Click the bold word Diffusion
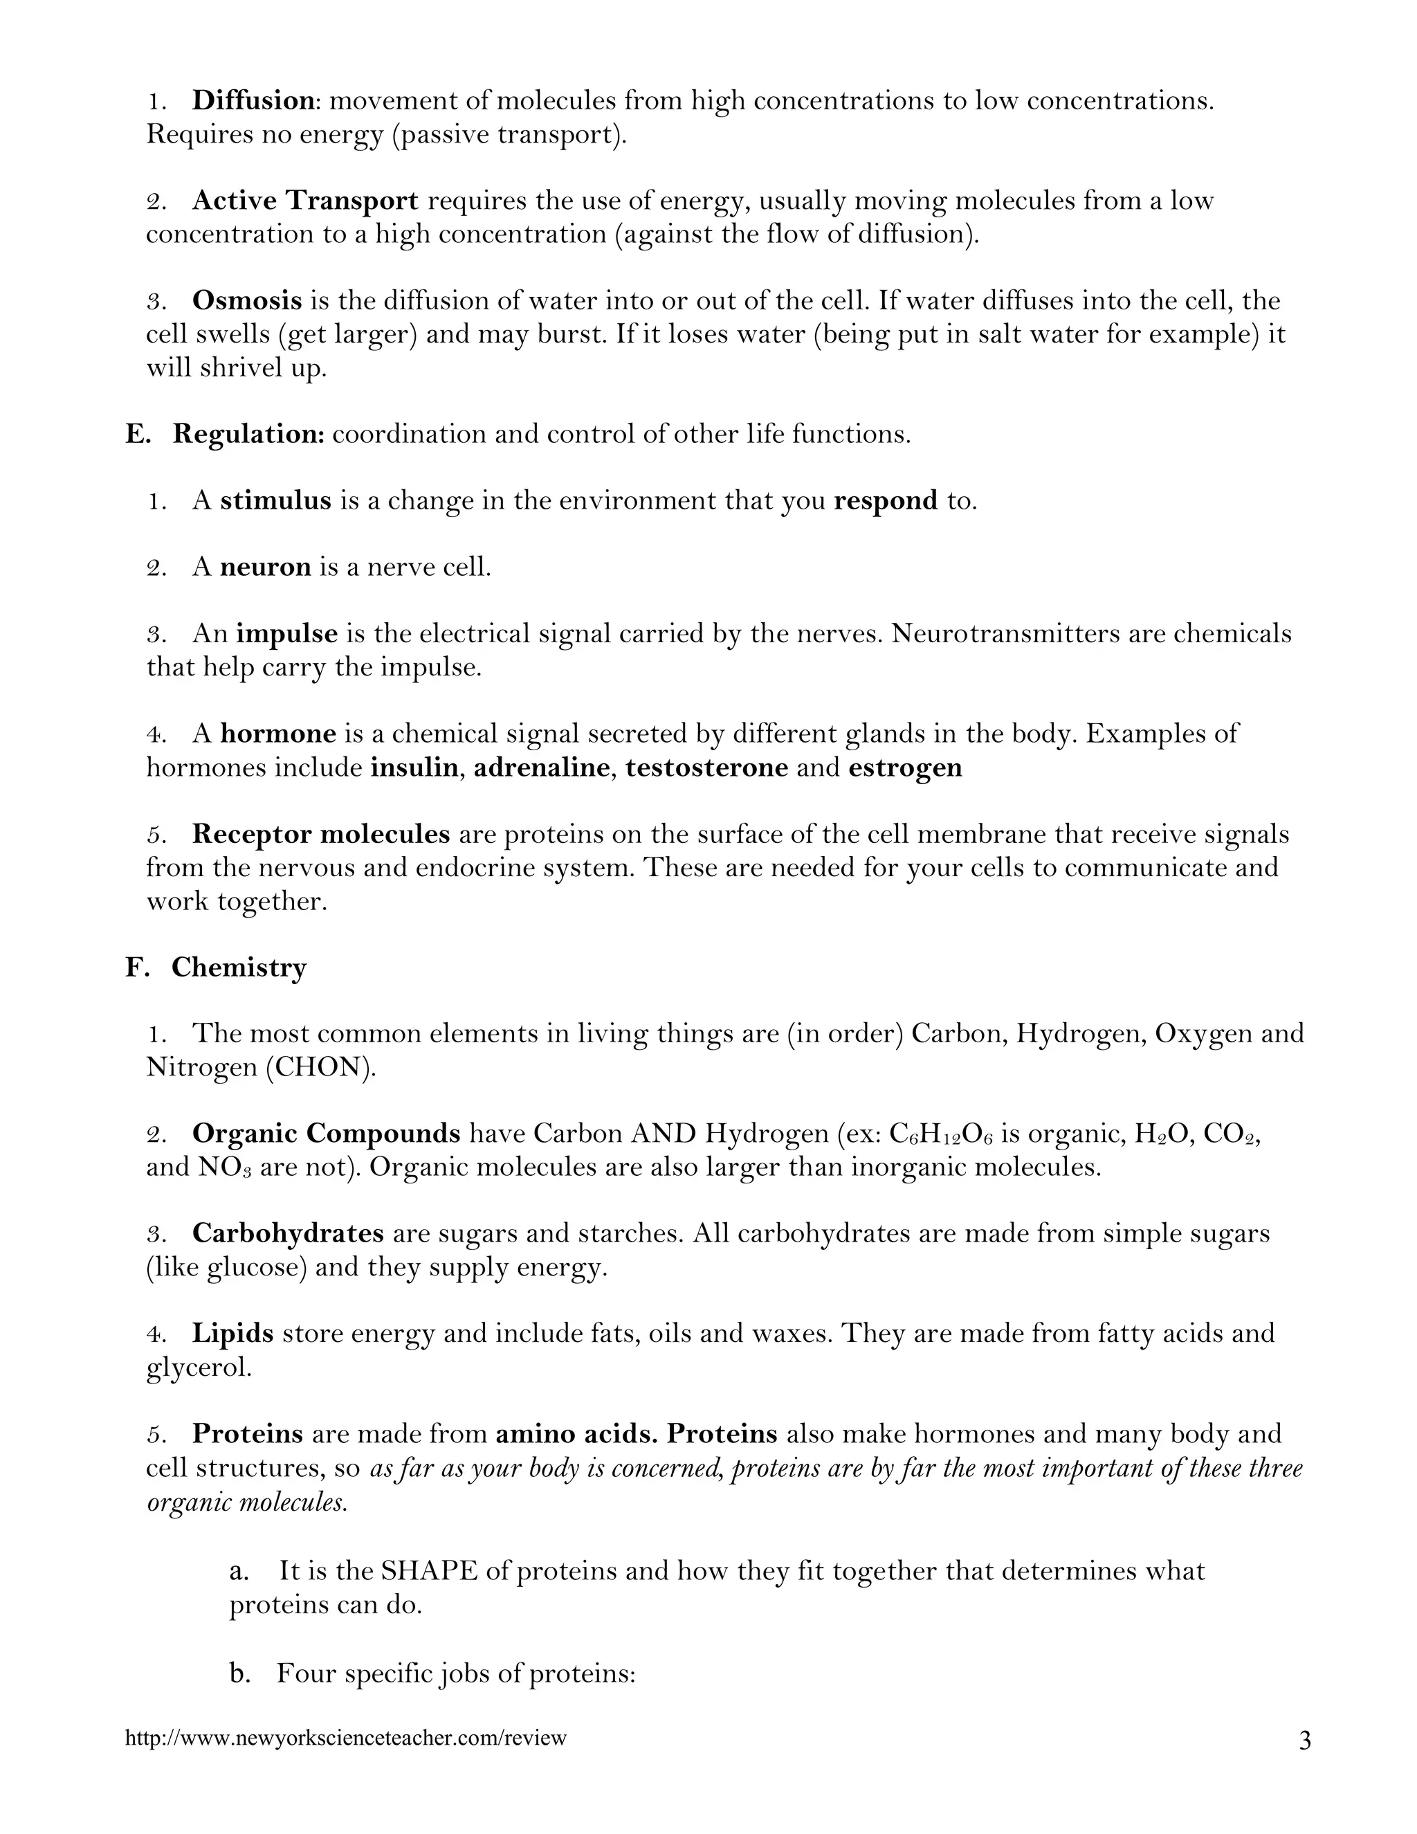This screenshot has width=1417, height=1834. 253,101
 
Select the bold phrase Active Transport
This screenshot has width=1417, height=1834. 304,201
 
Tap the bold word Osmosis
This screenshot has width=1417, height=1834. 247,300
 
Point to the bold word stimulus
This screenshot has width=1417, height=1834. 275,501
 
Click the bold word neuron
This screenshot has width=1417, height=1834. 265,568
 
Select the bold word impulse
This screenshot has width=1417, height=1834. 286,634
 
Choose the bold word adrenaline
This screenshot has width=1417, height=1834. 540,768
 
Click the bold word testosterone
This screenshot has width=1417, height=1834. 706,768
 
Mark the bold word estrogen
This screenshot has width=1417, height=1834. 905,768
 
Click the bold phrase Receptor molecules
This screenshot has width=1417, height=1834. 320,834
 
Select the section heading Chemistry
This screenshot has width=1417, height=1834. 239,968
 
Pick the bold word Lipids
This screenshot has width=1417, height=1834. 232,1334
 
